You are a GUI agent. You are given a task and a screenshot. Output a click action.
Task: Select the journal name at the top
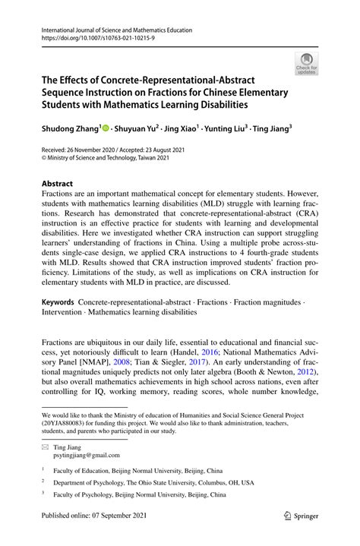[x=112, y=30]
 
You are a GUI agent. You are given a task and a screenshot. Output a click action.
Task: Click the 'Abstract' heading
[x=57, y=184]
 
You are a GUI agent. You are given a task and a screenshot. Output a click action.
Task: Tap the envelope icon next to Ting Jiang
[x=45, y=447]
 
